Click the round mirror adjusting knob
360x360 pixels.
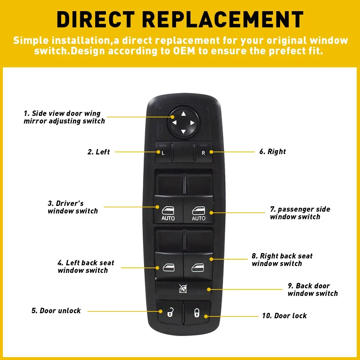coord(183,123)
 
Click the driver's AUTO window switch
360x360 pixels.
coord(168,209)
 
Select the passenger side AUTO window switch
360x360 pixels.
coord(198,209)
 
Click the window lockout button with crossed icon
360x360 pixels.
coord(183,288)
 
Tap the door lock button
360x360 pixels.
coord(197,313)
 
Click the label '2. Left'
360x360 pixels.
coord(99,152)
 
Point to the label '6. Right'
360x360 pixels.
coord(273,152)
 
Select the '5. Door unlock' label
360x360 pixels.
coord(56,311)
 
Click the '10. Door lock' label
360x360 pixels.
coord(284,316)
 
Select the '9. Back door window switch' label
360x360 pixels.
coord(312,289)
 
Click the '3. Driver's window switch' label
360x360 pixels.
coord(73,207)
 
